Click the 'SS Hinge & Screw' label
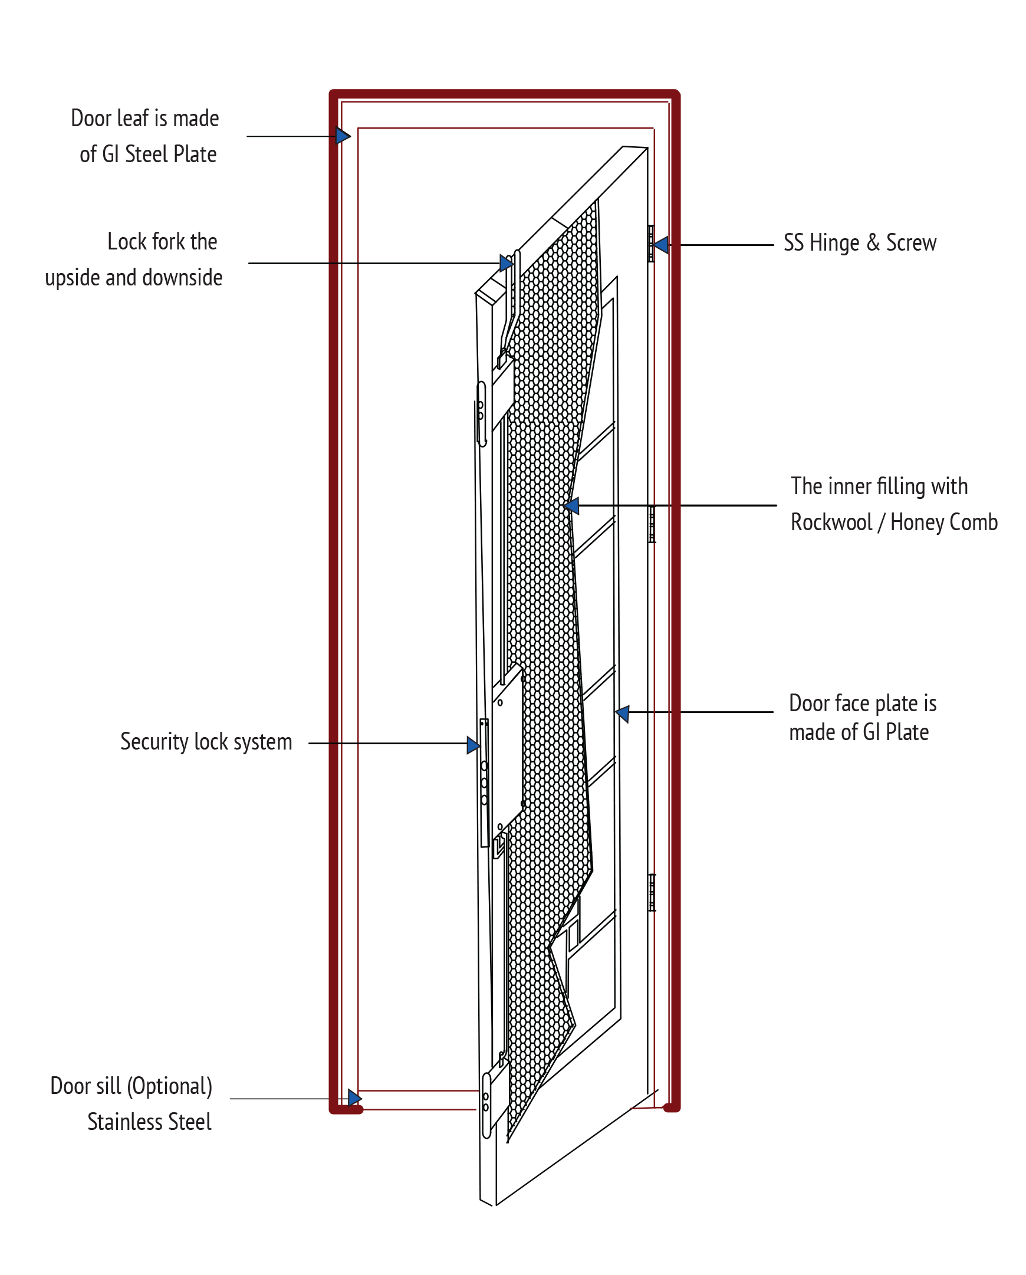pyautogui.click(x=860, y=243)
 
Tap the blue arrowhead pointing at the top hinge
pyautogui.click(x=661, y=245)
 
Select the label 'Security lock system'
pyautogui.click(x=206, y=741)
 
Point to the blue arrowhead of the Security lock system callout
pyautogui.click(x=473, y=745)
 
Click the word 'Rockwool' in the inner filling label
pyautogui.click(x=831, y=522)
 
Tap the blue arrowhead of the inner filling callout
pyautogui.click(x=571, y=506)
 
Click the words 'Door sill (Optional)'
pyautogui.click(x=131, y=1086)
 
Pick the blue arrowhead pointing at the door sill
pyautogui.click(x=355, y=1098)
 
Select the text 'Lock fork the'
pyautogui.click(x=162, y=241)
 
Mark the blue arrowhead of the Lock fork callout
pyautogui.click(x=506, y=263)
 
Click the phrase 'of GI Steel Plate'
pyautogui.click(x=149, y=155)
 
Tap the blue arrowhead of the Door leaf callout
pyautogui.click(x=343, y=136)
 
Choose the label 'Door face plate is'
pyautogui.click(x=863, y=703)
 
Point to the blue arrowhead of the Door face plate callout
pyautogui.click(x=622, y=714)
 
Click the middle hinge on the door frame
pyautogui.click(x=652, y=524)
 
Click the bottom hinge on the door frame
pyautogui.click(x=652, y=892)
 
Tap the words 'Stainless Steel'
pyautogui.click(x=150, y=1122)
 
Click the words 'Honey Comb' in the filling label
pyautogui.click(x=945, y=523)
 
